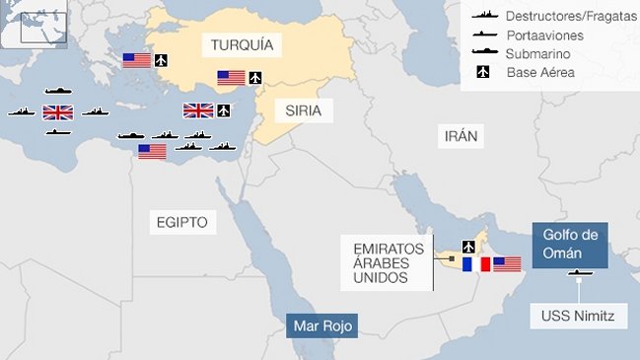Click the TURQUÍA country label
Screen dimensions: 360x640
point(241,44)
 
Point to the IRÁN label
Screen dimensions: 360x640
point(461,135)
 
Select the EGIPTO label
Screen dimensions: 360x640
point(181,222)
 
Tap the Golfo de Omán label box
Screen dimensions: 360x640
point(570,244)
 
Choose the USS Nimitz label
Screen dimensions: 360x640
point(578,317)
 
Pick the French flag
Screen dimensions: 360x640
point(476,263)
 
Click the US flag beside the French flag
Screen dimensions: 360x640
point(507,263)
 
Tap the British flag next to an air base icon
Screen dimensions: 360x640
point(198,109)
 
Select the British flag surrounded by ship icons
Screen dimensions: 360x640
point(58,111)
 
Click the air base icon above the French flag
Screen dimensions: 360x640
point(468,246)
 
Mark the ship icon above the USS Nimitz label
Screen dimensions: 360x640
point(578,272)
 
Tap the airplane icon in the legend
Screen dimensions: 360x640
point(484,71)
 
